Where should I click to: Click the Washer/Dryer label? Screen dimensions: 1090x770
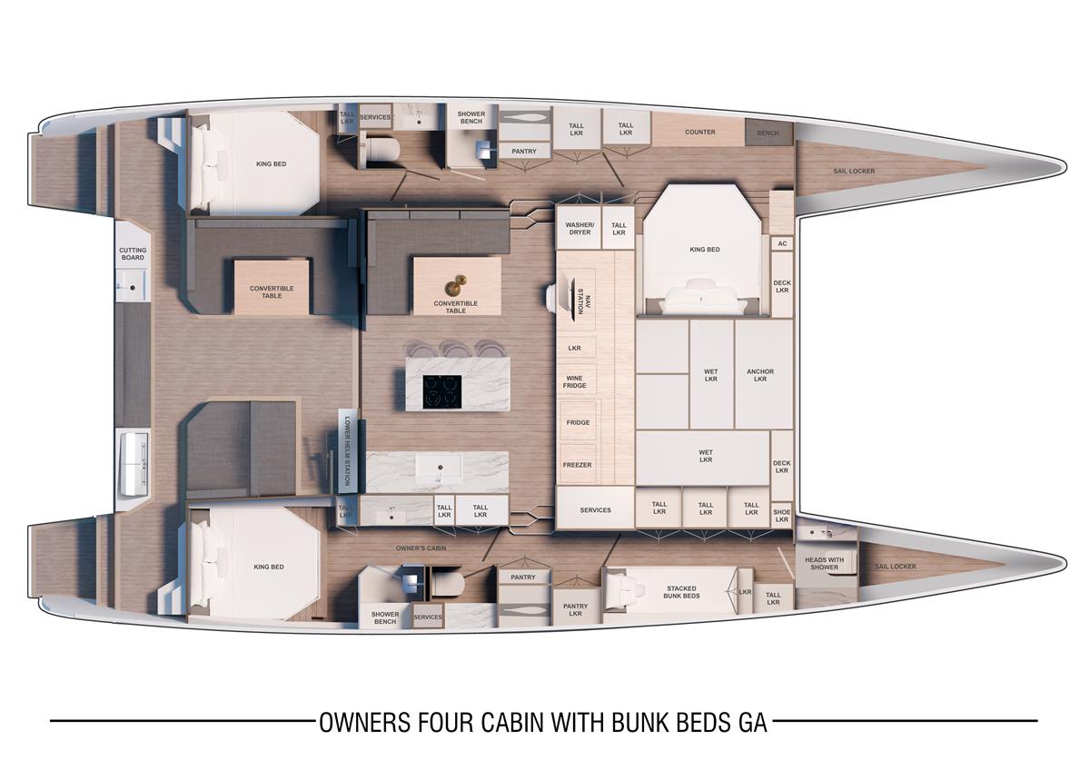(580, 229)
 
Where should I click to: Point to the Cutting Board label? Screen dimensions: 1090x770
(133, 254)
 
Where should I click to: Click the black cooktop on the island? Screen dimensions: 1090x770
(441, 391)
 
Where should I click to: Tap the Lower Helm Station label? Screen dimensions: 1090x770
(347, 450)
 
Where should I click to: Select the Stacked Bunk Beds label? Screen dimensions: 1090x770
(681, 592)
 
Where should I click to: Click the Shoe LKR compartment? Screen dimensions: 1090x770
(782, 515)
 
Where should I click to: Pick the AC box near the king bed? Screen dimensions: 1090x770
(782, 243)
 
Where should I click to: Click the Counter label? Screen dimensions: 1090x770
(699, 132)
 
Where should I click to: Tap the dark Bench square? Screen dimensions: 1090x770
(768, 133)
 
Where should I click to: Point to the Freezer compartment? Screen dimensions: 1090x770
(578, 465)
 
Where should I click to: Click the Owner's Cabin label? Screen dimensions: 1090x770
(421, 548)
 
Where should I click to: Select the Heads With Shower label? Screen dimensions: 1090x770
(825, 563)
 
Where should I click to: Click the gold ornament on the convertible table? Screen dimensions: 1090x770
(455, 284)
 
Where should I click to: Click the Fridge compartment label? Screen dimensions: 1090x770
(578, 422)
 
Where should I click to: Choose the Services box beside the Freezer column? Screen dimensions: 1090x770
(595, 508)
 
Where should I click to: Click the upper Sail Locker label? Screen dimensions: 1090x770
(854, 171)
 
